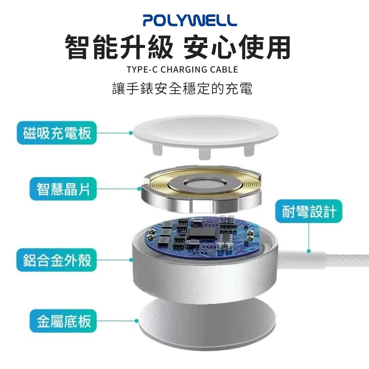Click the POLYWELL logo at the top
[x=190, y=20]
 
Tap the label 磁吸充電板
[x=56, y=133]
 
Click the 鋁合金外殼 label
[x=56, y=260]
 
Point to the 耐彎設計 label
[x=309, y=212]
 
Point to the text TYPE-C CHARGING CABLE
[x=182, y=69]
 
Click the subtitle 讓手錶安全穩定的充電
[x=182, y=89]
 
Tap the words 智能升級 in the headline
[x=118, y=47]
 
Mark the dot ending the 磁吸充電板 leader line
[x=131, y=133]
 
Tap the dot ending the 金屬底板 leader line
[x=137, y=321]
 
